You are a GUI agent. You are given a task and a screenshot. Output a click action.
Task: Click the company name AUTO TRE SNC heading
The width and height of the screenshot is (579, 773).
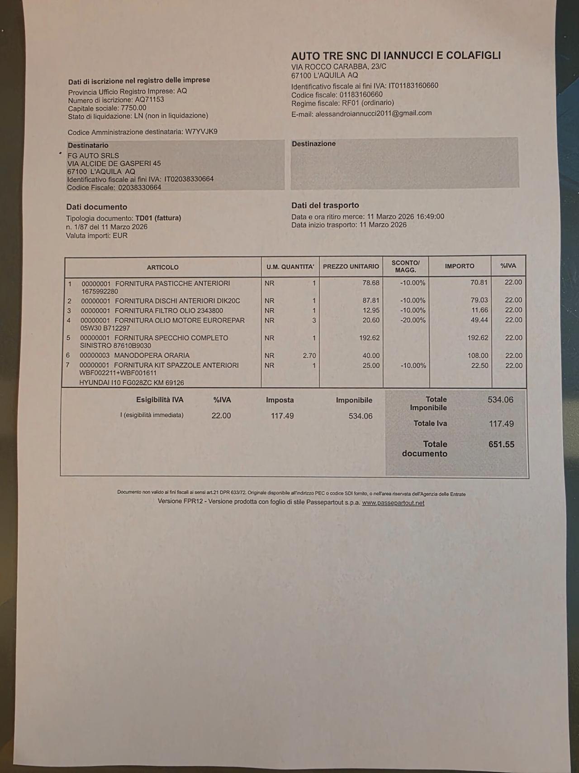coord(396,56)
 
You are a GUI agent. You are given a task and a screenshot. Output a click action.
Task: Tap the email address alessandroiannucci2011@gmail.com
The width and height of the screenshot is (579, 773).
coord(373,113)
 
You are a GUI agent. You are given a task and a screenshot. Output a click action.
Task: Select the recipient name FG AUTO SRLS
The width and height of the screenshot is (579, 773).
coord(93,155)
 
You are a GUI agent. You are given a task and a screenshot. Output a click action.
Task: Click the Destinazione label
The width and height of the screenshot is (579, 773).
coord(313,144)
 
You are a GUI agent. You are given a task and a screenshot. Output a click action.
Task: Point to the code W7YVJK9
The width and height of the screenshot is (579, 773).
coord(201,132)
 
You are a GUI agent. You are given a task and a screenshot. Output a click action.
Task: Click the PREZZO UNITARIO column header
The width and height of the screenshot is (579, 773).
coord(351,267)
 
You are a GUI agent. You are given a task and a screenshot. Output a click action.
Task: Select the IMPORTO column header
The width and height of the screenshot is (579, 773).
coord(459,266)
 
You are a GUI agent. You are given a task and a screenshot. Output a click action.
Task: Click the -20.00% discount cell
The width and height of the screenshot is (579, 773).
coord(413,320)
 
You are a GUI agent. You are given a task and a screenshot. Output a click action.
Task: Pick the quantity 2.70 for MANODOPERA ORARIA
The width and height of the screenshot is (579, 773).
coord(309,356)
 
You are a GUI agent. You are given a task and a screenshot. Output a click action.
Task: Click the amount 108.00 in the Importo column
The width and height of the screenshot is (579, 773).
coord(478,356)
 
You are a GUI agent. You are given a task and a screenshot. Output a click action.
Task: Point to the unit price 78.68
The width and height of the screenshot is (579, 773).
coord(371,283)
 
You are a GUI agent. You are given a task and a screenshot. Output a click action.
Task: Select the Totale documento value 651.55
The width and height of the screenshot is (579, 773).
coord(501,444)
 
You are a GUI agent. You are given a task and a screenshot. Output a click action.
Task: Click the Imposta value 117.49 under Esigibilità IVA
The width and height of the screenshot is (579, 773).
coord(282,416)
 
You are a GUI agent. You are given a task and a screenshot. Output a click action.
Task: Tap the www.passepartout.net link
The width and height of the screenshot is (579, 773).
coord(393,503)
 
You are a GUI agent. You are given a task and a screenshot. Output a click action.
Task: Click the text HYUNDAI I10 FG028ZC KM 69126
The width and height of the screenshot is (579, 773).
coord(132,383)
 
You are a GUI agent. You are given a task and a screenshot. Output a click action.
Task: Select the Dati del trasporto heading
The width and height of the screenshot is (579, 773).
coord(325,205)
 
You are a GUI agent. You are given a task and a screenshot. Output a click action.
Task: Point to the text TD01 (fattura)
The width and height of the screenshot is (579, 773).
coord(158,218)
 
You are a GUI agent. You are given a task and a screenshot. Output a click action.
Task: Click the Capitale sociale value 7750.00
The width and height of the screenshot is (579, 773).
coord(133,108)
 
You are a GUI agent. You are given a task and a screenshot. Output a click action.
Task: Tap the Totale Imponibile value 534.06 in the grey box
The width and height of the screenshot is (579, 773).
coord(500,400)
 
